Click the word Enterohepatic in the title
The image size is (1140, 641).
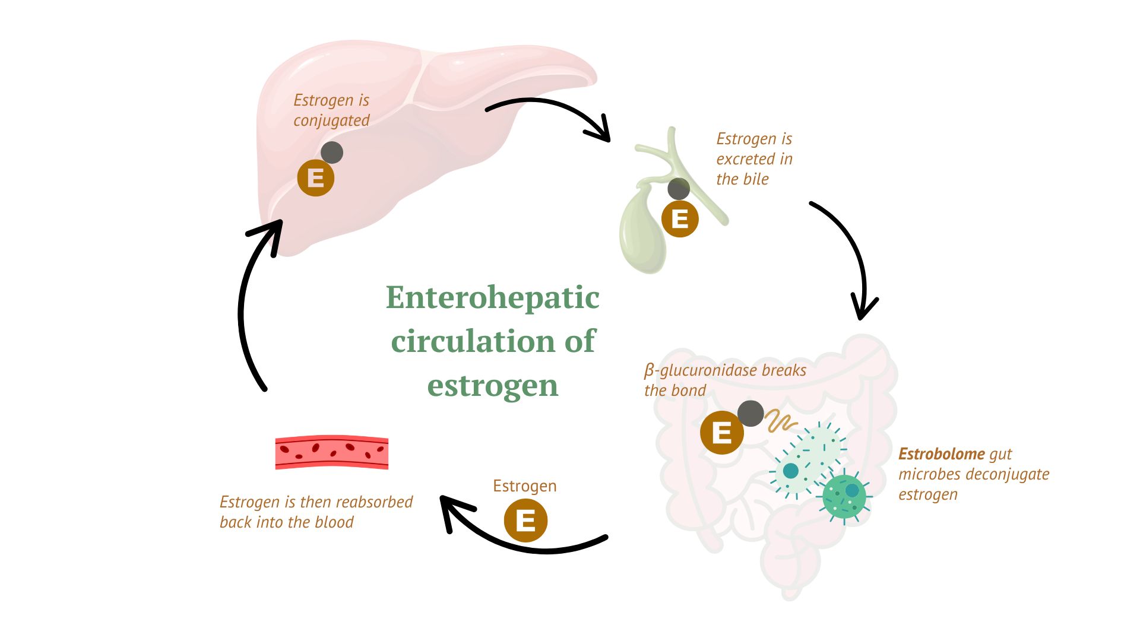(492, 297)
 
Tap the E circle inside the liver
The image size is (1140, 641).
(315, 178)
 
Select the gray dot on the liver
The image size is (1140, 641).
(332, 153)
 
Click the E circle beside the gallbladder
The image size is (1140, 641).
(680, 219)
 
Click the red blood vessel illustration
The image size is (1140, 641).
(332, 453)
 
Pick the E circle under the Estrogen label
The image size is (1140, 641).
(525, 521)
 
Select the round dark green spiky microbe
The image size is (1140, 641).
(844, 496)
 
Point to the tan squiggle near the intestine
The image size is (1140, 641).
(781, 421)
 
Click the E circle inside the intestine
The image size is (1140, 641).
(721, 433)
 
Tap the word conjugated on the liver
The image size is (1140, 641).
(331, 120)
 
